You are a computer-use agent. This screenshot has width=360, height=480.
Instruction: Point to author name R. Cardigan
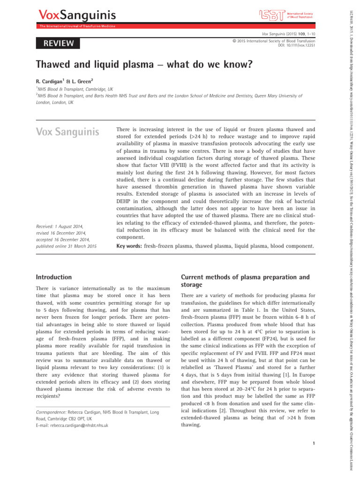coord(53,81)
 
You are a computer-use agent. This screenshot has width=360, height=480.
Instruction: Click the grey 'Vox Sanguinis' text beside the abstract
coord(67,132)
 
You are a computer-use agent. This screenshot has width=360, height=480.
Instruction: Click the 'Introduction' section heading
coord(54,277)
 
